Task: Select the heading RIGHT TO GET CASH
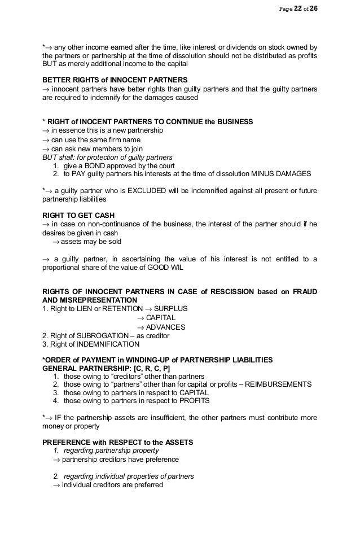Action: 77,215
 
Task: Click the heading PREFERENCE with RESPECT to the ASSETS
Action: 118,442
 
